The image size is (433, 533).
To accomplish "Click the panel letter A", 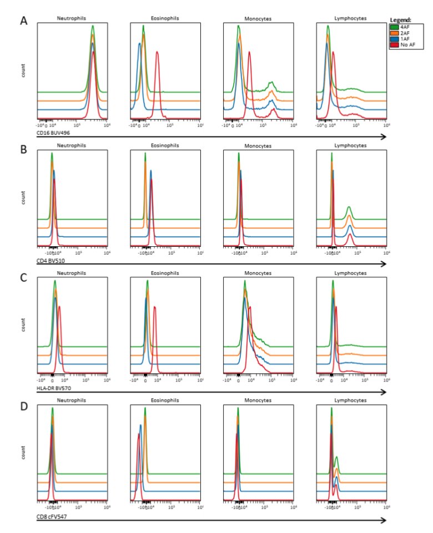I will (x=24, y=21).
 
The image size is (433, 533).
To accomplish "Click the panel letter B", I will (x=24, y=150).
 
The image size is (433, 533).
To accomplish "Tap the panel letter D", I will (x=24, y=407).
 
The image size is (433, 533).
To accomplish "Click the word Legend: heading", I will (x=401, y=20).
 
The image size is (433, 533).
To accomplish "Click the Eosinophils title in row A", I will (x=165, y=18).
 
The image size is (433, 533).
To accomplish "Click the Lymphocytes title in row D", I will (x=350, y=402).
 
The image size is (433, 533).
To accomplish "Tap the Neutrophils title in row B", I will (x=72, y=145).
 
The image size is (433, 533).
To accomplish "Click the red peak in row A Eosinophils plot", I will (x=158, y=53).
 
